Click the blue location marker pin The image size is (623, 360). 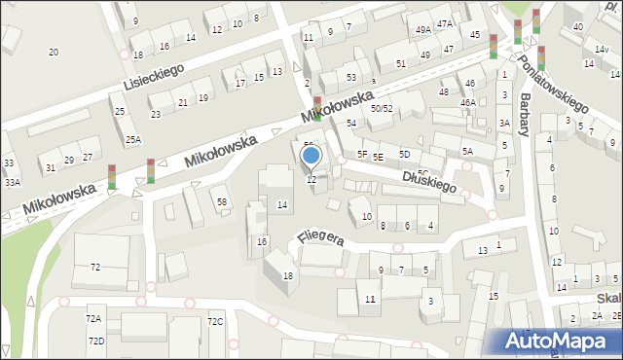(311, 155)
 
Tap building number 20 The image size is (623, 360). (54, 52)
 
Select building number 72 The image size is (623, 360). (94, 267)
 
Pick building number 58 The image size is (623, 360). (222, 201)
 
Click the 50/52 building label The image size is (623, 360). (382, 109)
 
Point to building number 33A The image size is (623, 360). (12, 182)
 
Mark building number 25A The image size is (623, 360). (132, 140)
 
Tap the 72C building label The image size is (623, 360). (215, 321)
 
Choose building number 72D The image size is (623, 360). (95, 341)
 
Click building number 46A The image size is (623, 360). (468, 102)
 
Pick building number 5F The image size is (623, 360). (361, 154)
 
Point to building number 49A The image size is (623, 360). (422, 30)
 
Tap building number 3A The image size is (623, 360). (504, 123)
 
